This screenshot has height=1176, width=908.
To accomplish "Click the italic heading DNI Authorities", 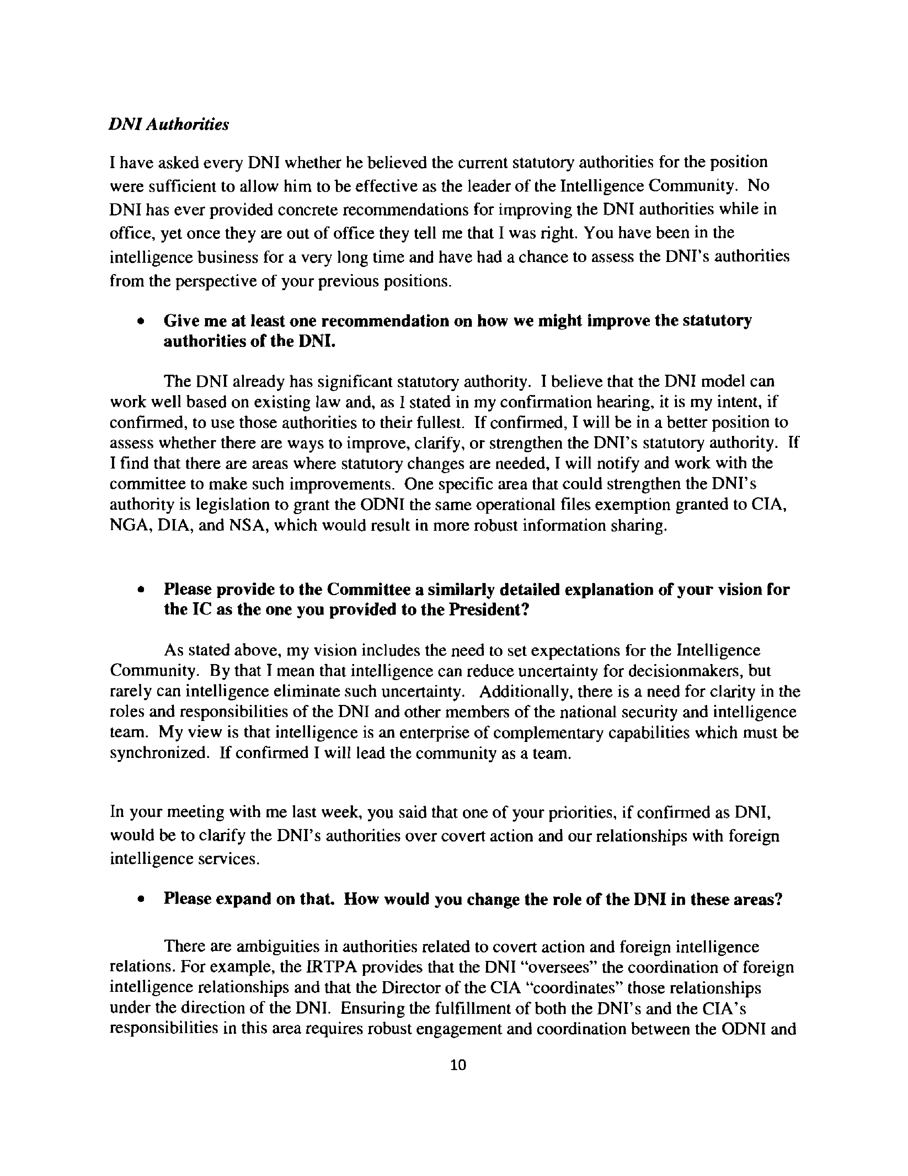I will (x=169, y=125).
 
